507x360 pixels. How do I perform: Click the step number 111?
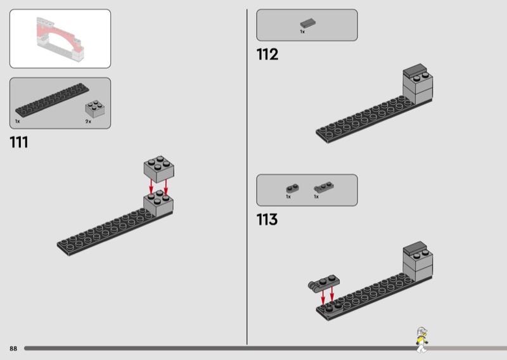(19, 143)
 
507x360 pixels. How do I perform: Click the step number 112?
(267, 55)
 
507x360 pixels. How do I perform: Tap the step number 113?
(267, 220)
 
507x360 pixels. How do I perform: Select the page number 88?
(13, 349)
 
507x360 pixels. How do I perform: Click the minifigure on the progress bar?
(421, 340)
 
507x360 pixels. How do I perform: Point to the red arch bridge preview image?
(60, 39)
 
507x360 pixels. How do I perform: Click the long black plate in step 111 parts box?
(52, 100)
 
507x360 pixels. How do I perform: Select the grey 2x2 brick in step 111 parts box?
(94, 108)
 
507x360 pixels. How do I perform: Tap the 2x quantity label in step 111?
(88, 122)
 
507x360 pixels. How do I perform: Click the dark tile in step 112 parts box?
(308, 23)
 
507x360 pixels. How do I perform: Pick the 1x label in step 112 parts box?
(302, 32)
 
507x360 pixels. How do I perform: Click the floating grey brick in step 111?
(159, 169)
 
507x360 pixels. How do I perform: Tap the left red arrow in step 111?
(151, 186)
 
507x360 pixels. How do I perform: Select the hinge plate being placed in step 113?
(324, 283)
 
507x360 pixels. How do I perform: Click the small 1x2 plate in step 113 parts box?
(292, 188)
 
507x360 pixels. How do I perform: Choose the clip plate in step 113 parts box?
(324, 187)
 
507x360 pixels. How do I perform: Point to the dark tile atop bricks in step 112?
(415, 70)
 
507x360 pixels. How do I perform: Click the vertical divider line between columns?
(247, 177)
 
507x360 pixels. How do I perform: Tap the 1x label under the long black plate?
(18, 121)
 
